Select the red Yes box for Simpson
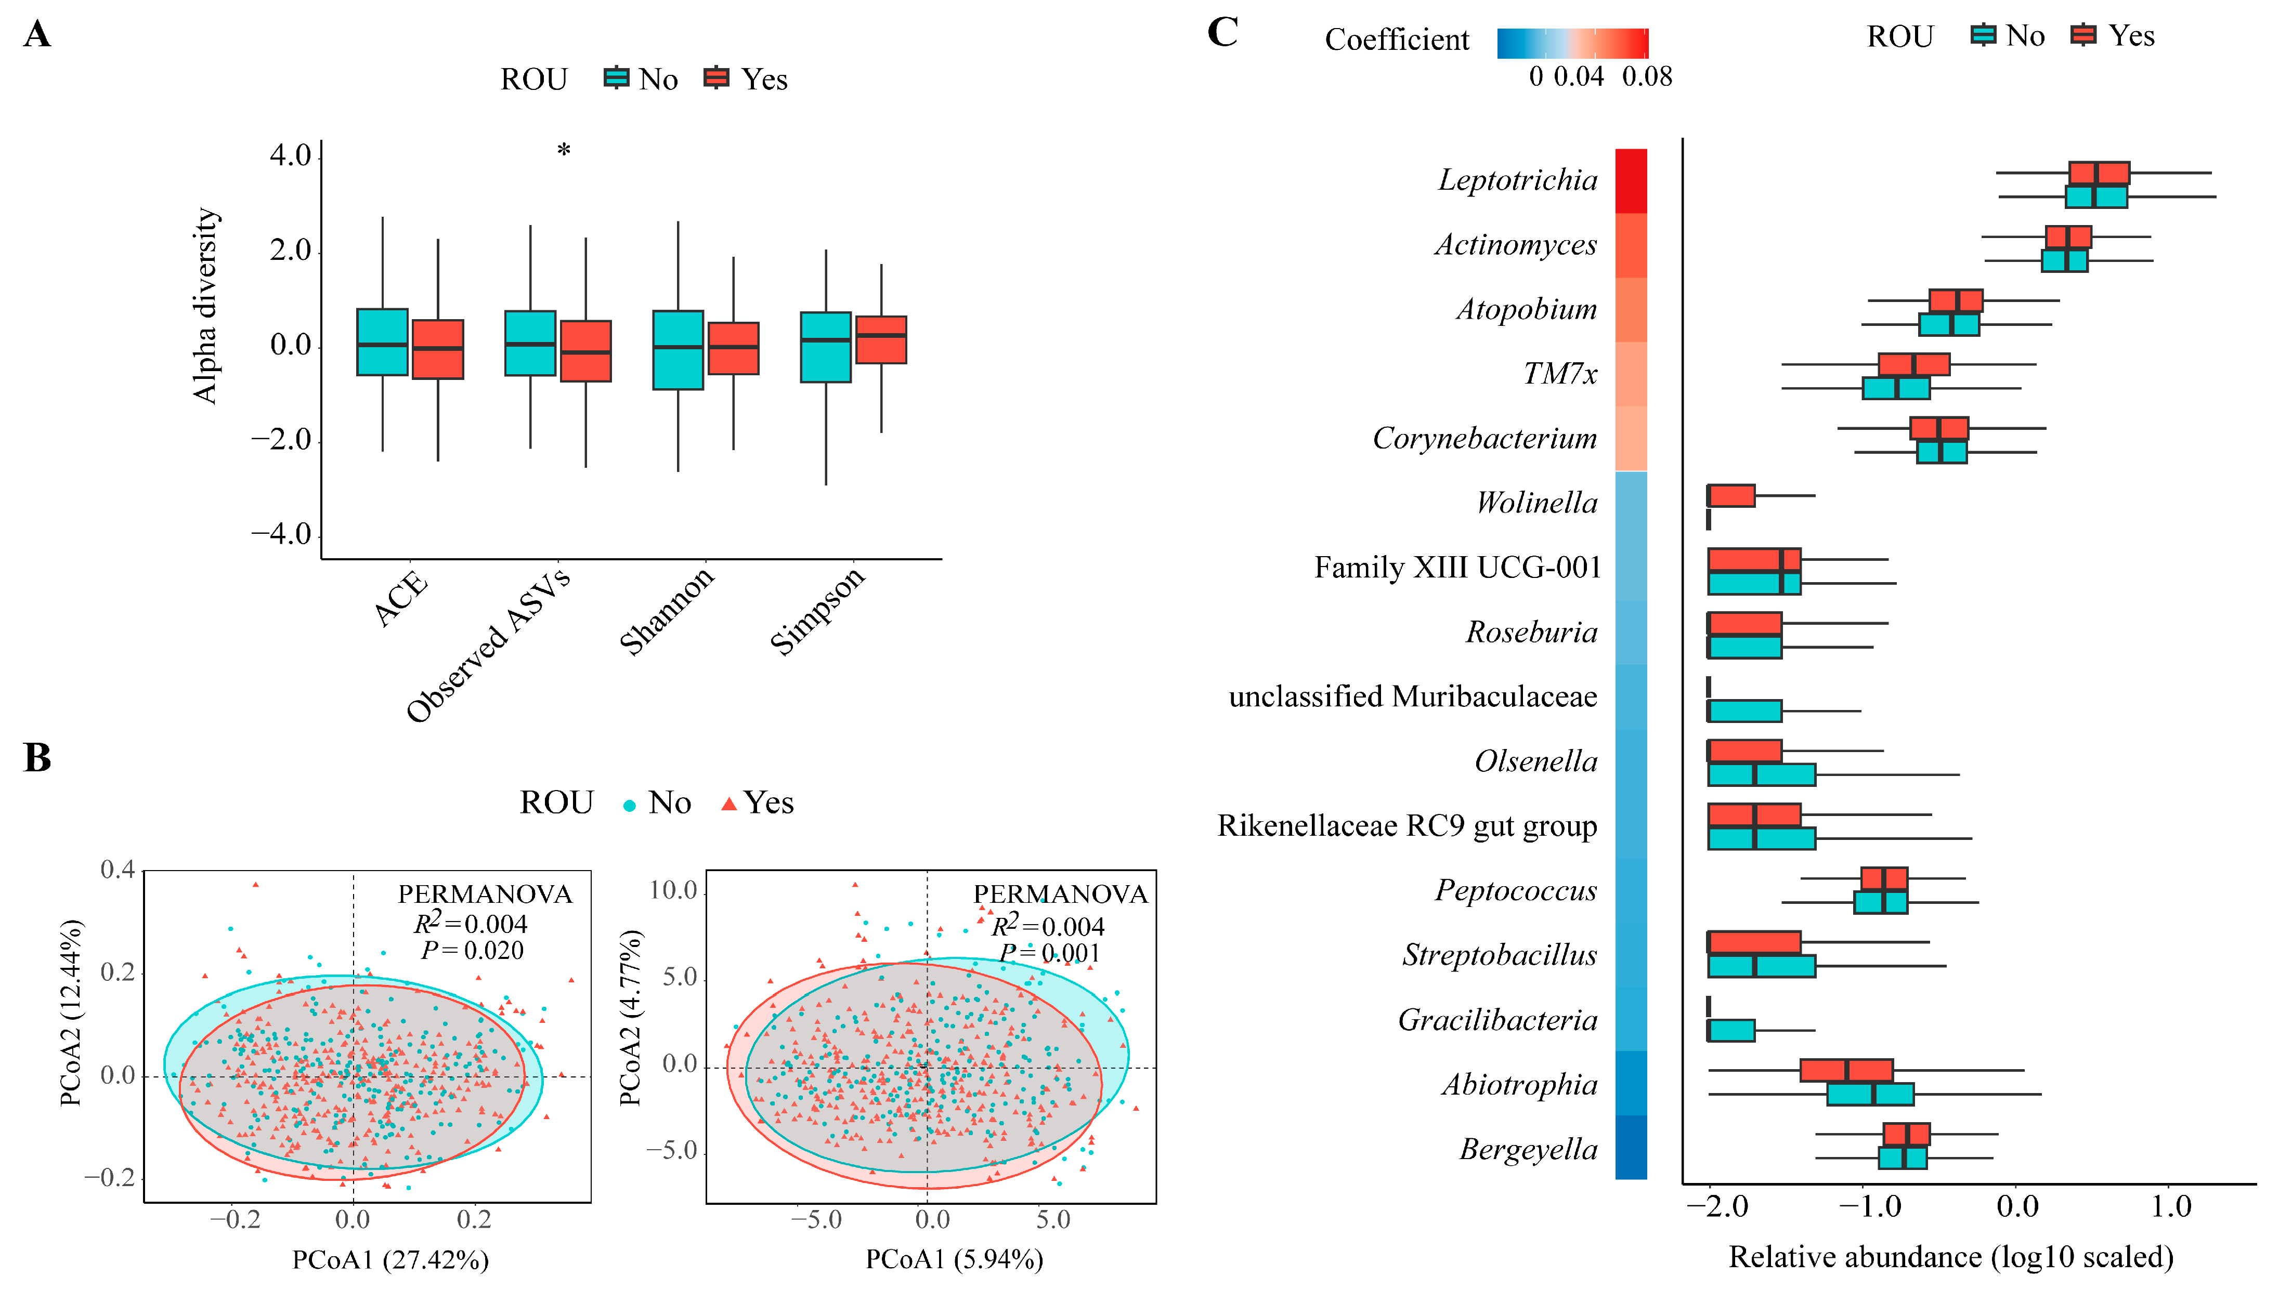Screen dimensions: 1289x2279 tap(880, 340)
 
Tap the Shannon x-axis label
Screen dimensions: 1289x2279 tap(667, 610)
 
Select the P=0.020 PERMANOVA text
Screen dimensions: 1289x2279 tap(472, 951)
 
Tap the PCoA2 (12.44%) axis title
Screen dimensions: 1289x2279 tap(71, 1013)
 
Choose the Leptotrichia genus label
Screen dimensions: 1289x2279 tap(1518, 180)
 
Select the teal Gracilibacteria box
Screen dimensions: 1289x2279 tap(1731, 1031)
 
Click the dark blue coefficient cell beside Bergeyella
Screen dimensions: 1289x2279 tap(1631, 1147)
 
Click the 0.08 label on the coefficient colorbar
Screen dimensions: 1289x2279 tap(1647, 77)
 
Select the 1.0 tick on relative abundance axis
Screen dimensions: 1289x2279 tap(2171, 1206)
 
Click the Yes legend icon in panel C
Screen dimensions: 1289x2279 tap(2084, 35)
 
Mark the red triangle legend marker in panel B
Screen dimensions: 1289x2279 tap(728, 804)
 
